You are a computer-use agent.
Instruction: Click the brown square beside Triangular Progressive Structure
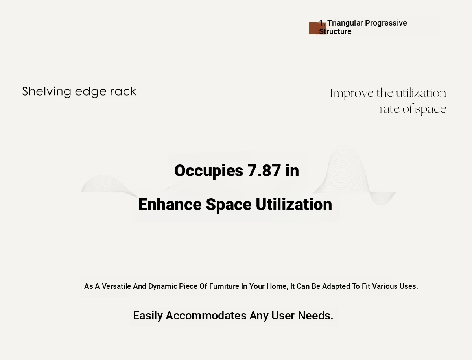tap(317, 28)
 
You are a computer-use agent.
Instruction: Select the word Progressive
tap(386, 23)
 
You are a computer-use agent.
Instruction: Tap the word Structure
tap(335, 31)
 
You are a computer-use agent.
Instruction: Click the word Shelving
tap(47, 92)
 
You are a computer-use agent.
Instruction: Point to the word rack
tap(123, 92)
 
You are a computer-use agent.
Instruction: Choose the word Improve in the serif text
tap(352, 94)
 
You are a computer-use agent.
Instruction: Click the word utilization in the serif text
tap(421, 93)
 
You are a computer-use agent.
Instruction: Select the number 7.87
tap(264, 170)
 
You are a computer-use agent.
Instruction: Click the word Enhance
tap(170, 204)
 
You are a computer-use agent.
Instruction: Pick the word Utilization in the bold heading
tap(294, 204)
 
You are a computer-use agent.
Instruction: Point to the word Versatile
tap(116, 286)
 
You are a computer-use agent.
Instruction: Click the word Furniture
tap(224, 286)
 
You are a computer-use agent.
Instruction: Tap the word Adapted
tap(336, 287)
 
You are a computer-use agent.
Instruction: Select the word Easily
tap(148, 316)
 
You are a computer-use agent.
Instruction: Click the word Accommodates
tap(206, 316)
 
